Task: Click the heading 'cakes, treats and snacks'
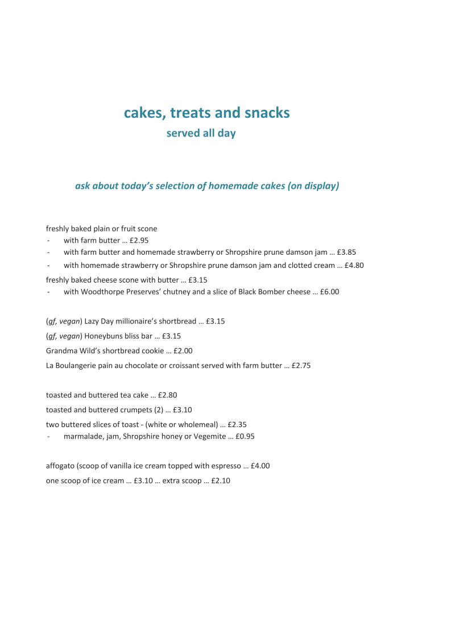point(206,113)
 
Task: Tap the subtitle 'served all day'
point(201,134)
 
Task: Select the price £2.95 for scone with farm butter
point(139,241)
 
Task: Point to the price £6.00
point(329,292)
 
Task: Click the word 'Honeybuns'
point(103,336)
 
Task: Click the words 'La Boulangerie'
point(72,366)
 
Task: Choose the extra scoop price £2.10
point(221,481)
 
